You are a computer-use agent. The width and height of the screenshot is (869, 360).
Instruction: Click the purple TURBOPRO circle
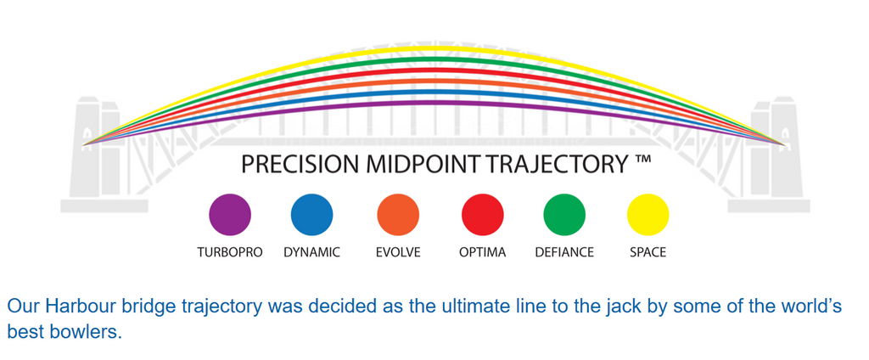tap(230, 215)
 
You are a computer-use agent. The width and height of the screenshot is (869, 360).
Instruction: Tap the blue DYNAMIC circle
tap(311, 215)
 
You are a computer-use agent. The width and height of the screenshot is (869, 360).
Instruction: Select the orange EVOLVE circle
tap(398, 215)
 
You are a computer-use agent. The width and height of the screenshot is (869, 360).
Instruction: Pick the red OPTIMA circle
tap(482, 215)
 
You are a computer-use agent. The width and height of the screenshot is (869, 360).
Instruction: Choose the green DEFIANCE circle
tap(564, 215)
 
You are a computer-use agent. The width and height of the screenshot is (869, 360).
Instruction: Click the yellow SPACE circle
tap(648, 215)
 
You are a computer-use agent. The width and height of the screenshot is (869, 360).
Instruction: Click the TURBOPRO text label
tap(230, 252)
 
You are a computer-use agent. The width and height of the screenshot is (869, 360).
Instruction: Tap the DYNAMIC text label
tap(311, 252)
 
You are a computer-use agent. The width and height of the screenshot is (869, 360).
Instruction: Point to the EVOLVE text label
tap(398, 252)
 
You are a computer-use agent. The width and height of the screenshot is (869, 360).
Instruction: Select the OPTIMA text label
tap(482, 252)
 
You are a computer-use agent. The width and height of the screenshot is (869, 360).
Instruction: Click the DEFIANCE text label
tap(564, 252)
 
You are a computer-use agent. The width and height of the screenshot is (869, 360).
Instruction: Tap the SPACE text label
tap(648, 252)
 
